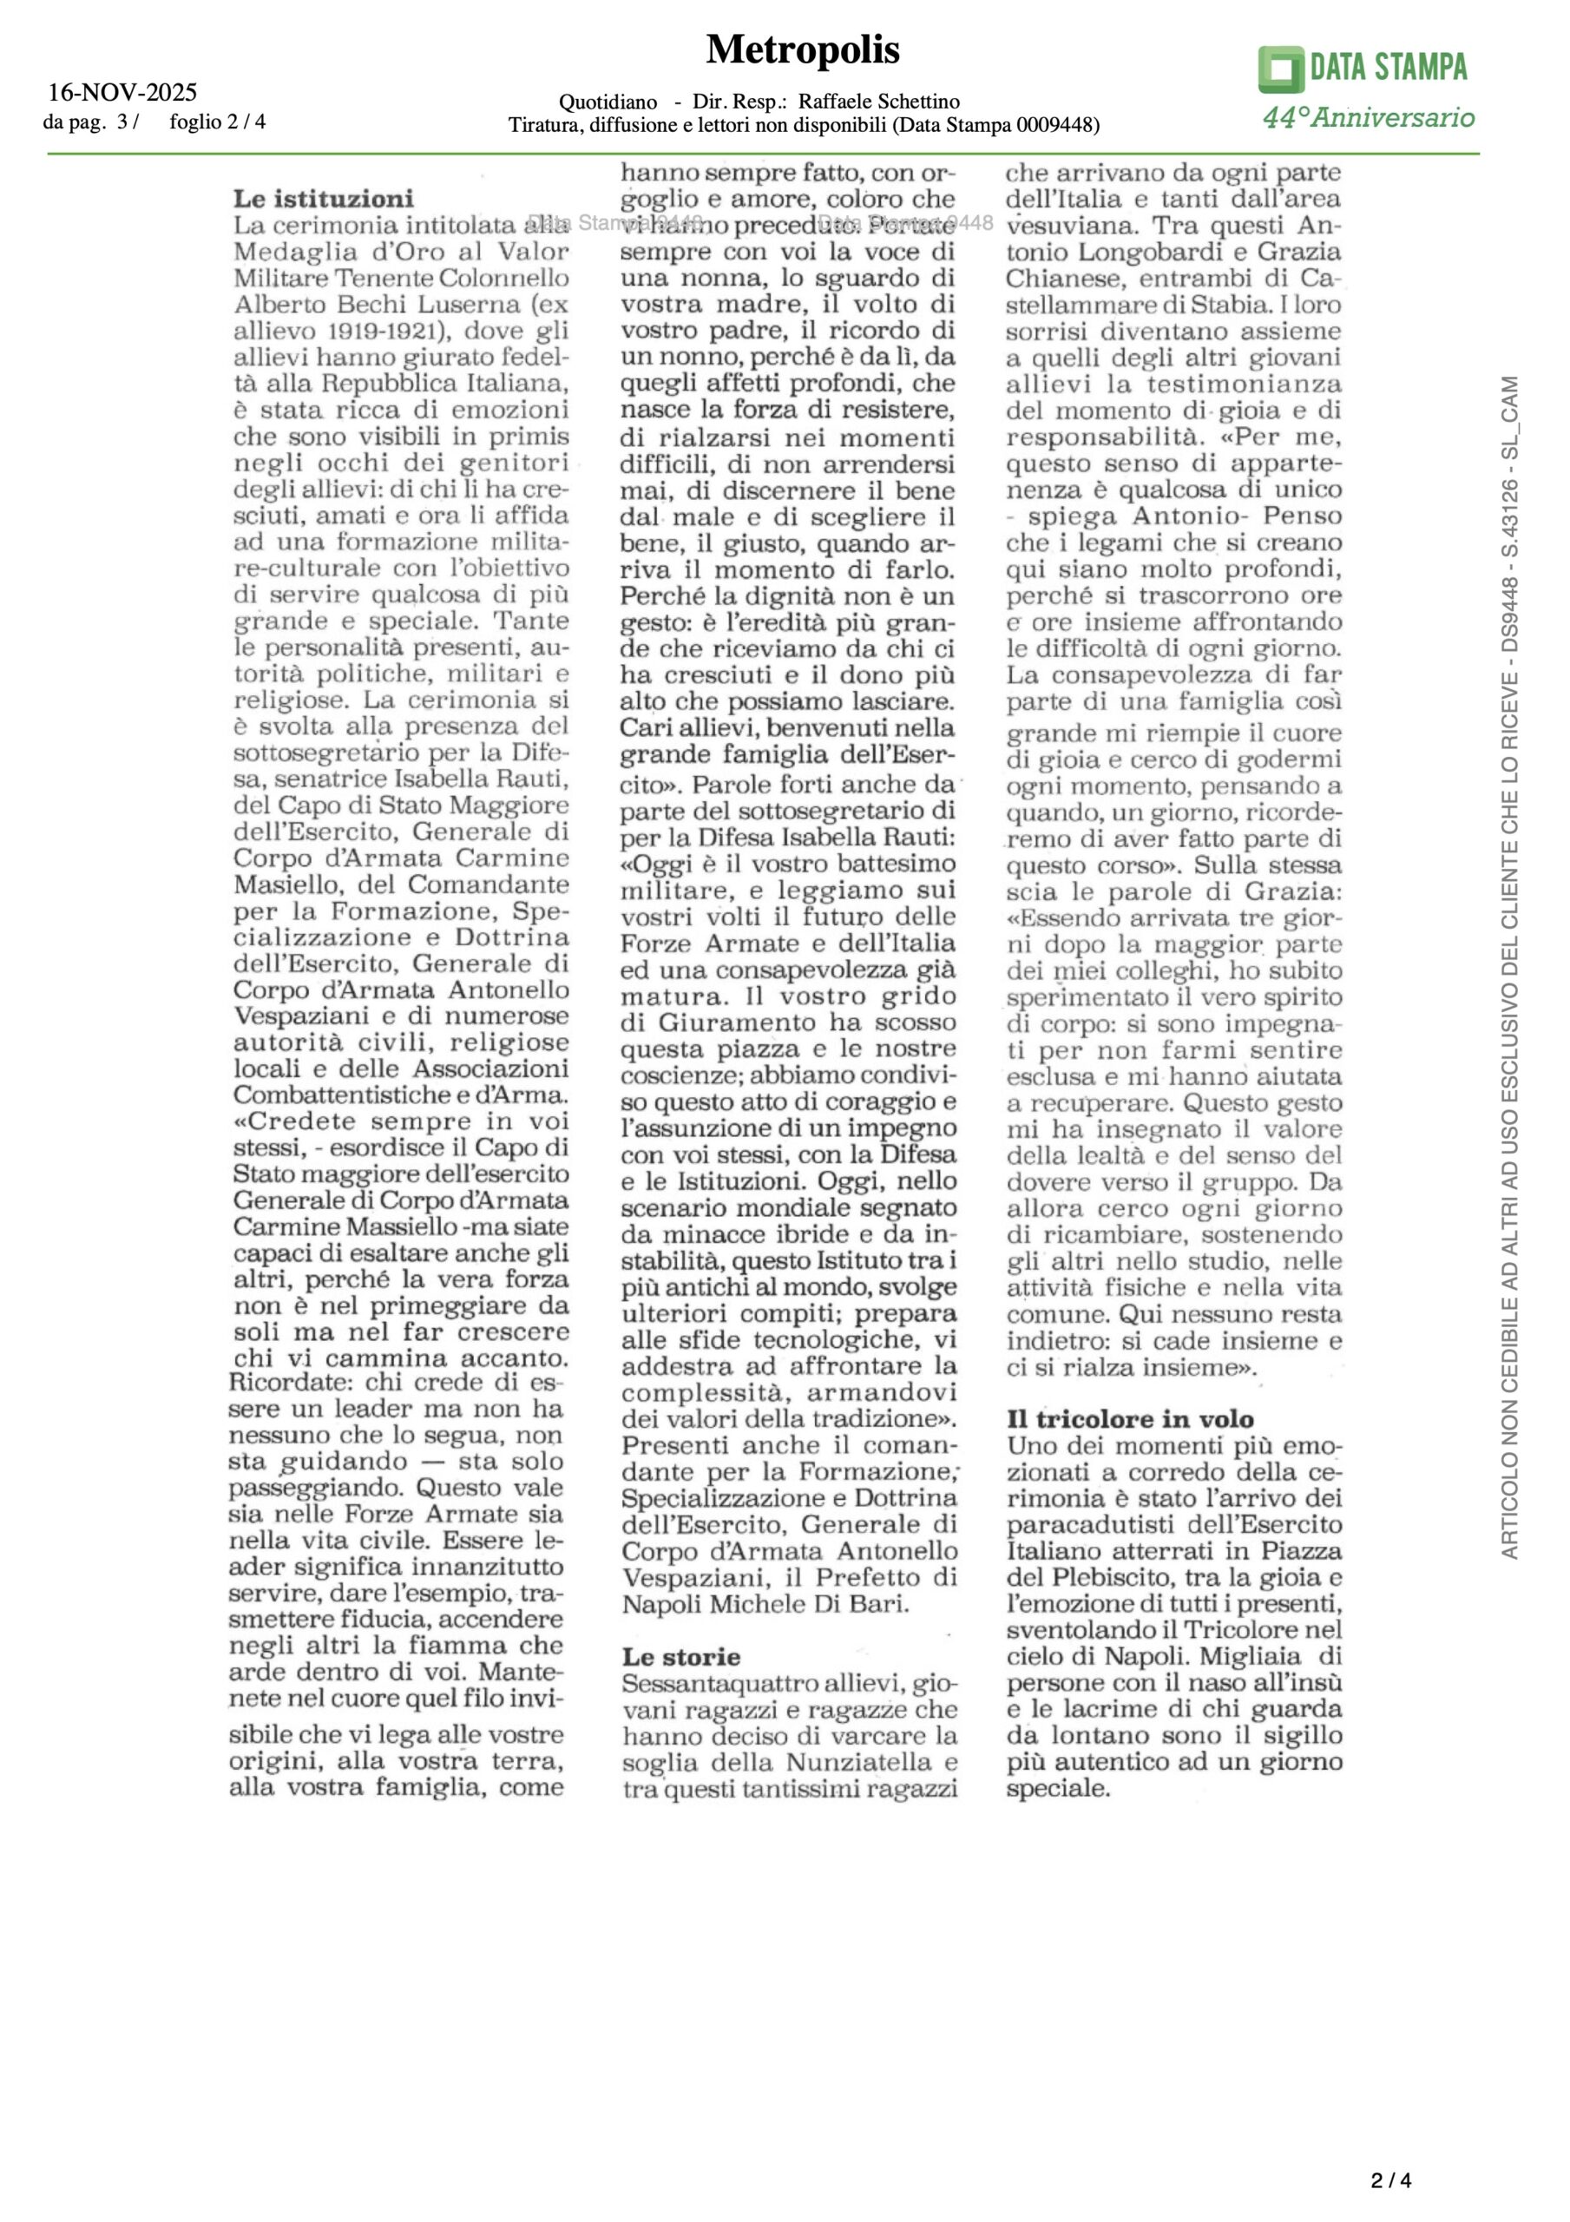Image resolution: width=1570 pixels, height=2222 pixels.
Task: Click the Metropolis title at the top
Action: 803,49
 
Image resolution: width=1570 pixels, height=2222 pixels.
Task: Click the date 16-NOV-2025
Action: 123,93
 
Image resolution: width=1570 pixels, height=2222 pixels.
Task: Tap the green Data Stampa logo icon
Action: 1281,69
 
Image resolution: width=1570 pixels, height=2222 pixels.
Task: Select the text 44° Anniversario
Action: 1368,118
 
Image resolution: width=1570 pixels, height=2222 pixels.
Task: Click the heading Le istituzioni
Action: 324,200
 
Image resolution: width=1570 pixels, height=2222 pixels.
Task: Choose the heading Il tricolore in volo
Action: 1130,1420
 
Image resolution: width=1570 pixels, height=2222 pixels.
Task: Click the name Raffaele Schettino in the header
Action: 879,102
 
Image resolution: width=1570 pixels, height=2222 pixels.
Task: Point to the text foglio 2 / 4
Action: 218,122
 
